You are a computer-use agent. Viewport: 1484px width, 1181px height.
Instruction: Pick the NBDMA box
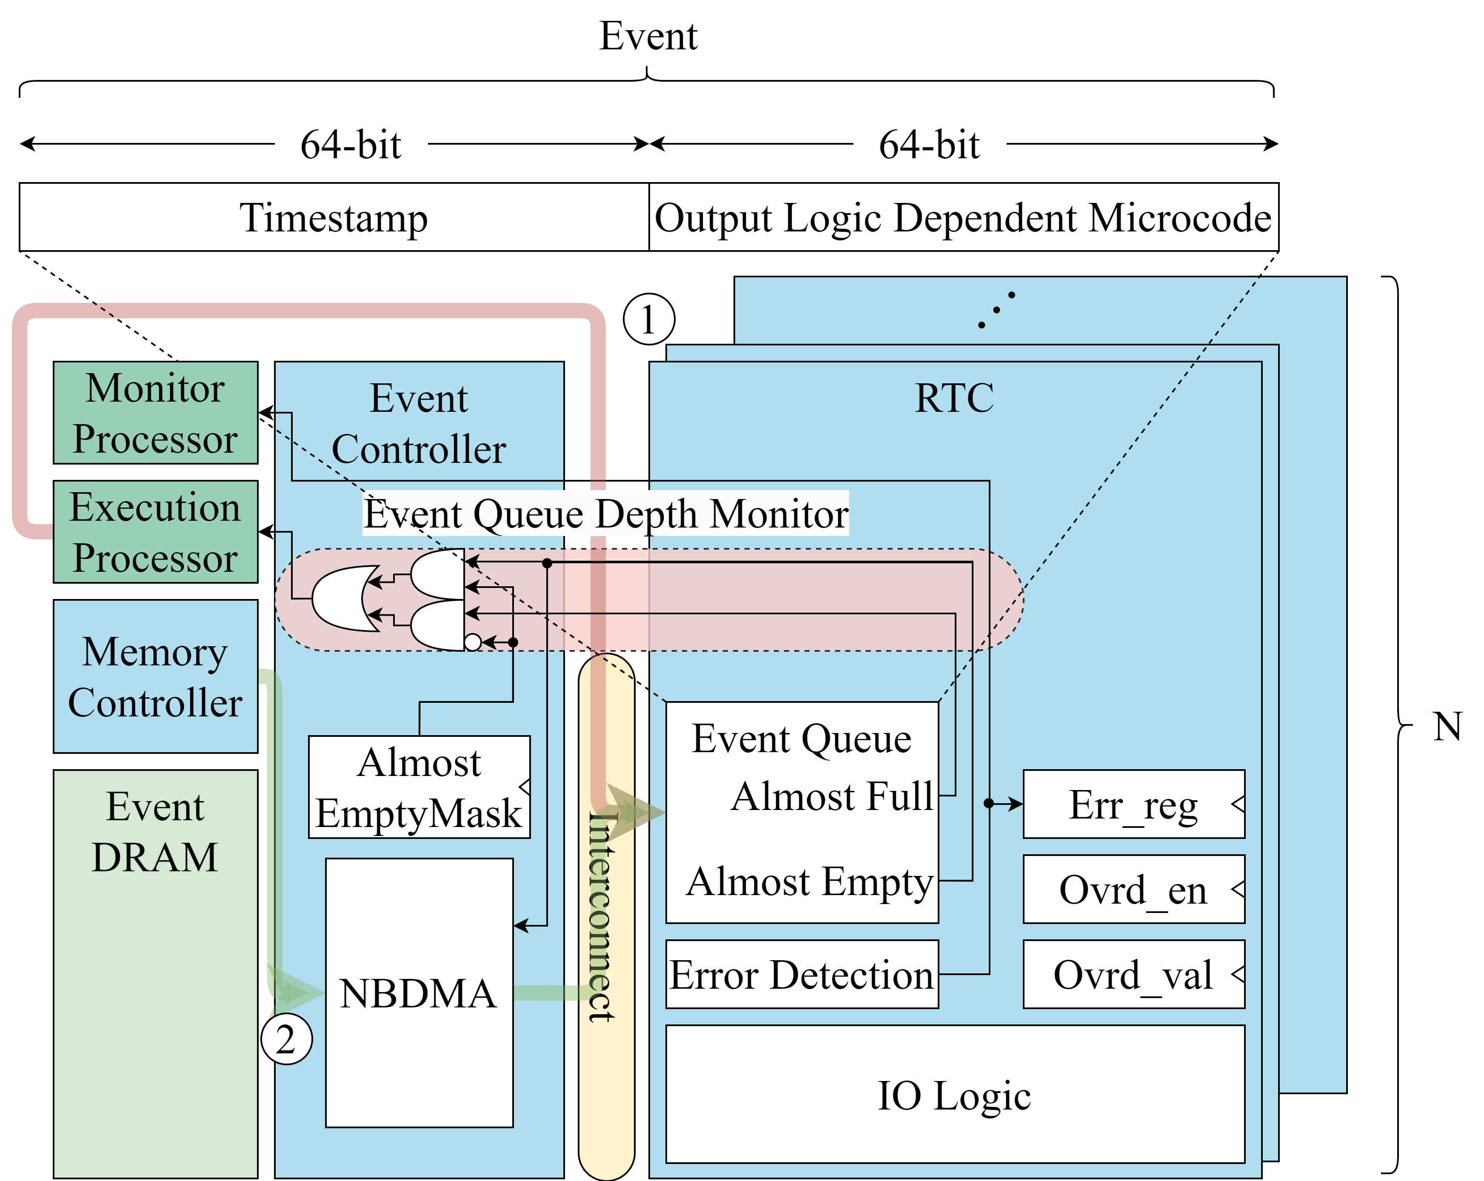[x=419, y=993]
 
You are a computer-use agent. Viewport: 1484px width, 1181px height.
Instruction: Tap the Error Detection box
[x=802, y=975]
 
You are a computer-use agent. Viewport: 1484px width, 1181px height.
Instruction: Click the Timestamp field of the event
[x=334, y=217]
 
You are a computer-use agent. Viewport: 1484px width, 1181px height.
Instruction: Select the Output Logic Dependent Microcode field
[x=963, y=217]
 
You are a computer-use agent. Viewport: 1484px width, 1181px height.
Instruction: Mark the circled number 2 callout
[x=286, y=1038]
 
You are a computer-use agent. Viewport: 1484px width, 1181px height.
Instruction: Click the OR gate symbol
[x=342, y=599]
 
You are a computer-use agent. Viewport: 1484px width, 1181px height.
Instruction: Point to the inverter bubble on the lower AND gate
[x=473, y=642]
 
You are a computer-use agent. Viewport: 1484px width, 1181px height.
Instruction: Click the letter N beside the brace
[x=1447, y=726]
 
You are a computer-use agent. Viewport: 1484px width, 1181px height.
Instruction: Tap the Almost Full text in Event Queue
[x=831, y=796]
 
